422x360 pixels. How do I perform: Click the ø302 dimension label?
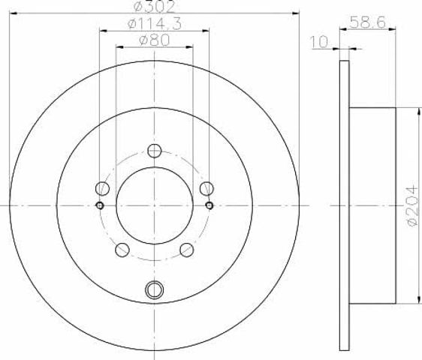(x=155, y=7)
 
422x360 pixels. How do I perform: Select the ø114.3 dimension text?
(x=155, y=24)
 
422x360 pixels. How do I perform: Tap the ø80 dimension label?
(x=155, y=40)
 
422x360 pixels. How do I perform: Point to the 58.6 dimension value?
(x=368, y=22)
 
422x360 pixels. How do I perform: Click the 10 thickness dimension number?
(x=320, y=42)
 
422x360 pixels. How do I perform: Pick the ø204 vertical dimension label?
(x=412, y=206)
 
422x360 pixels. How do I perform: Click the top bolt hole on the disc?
(x=155, y=151)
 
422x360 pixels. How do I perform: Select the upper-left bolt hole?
(x=103, y=188)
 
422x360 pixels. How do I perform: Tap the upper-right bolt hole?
(x=206, y=188)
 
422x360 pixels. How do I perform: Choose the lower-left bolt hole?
(x=122, y=250)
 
